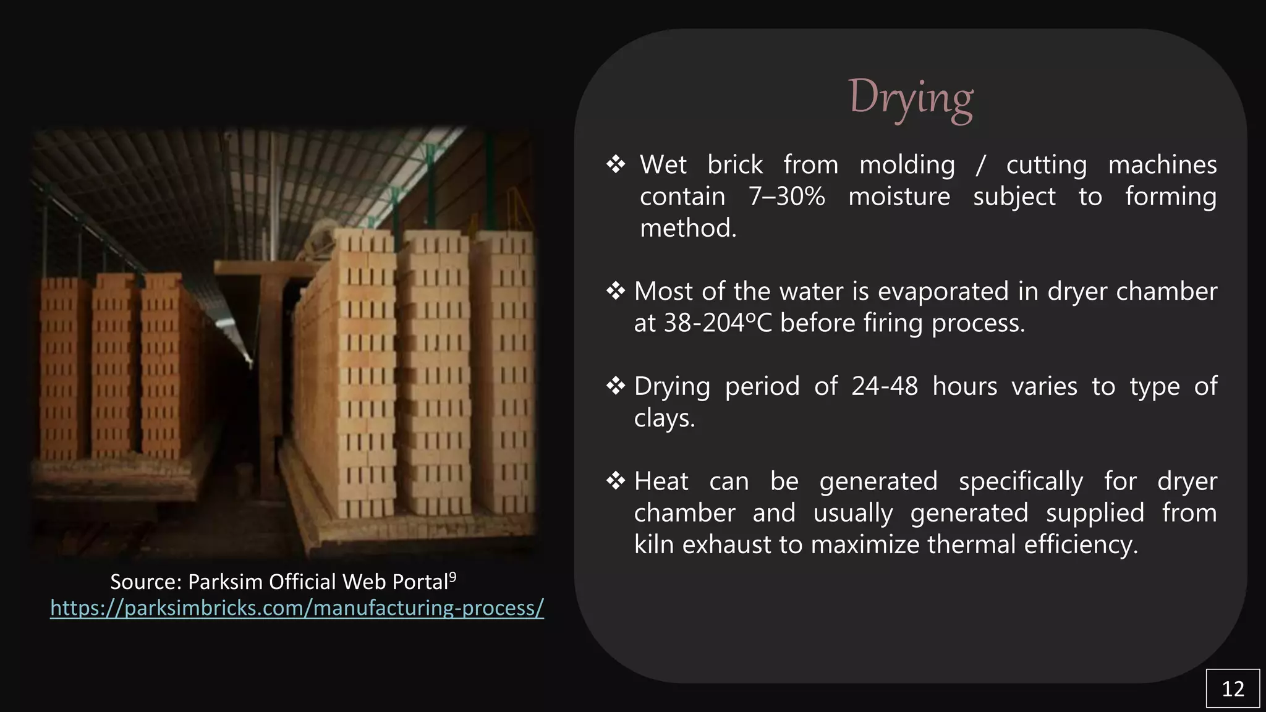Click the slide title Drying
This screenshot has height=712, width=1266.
click(911, 98)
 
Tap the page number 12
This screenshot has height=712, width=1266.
click(1233, 689)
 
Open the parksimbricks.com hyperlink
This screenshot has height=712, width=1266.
click(297, 608)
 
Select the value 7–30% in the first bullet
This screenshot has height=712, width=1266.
click(786, 197)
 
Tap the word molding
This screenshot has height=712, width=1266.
click(907, 165)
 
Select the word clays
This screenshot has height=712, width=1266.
click(665, 418)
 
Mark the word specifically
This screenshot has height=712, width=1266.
click(1021, 481)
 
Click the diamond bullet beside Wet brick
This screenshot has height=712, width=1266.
click(616, 164)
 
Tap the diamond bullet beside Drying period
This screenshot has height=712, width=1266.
click(616, 386)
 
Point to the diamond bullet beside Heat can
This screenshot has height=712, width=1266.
click(616, 481)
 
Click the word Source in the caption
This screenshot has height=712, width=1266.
click(146, 582)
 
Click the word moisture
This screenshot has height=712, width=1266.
click(899, 197)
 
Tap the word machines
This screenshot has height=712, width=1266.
click(1162, 165)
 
